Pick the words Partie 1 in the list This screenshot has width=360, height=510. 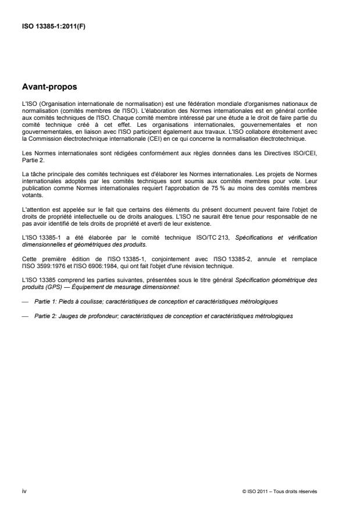(x=44, y=301)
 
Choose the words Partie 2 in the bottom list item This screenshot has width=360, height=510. (x=44, y=316)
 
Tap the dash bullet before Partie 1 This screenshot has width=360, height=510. (x=23, y=301)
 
